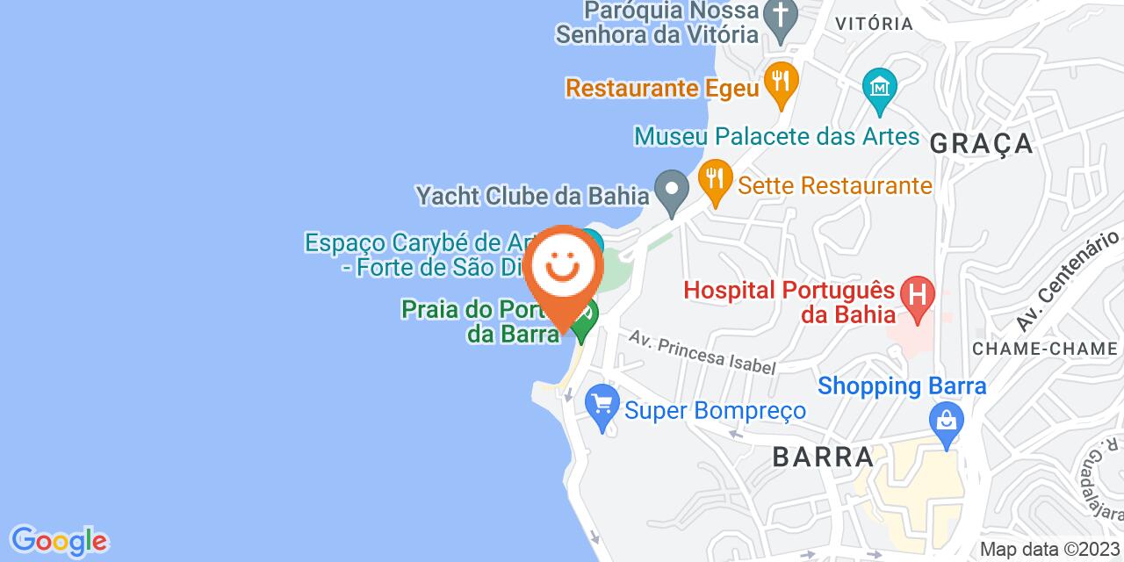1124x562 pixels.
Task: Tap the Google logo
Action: tap(59, 539)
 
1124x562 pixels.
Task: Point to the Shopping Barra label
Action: tap(903, 385)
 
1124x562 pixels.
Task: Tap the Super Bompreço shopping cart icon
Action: tap(602, 405)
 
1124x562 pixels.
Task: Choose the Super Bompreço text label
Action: tap(715, 410)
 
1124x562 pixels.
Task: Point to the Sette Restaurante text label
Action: tap(834, 185)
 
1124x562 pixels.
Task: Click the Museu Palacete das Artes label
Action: tap(777, 137)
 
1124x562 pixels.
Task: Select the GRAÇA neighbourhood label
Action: tap(981, 142)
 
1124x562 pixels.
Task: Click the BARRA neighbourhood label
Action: tap(824, 457)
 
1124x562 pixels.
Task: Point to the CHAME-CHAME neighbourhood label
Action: tap(1044, 349)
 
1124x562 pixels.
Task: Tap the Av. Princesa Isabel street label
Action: tap(702, 353)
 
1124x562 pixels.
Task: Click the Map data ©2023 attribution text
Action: tap(1050, 550)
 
